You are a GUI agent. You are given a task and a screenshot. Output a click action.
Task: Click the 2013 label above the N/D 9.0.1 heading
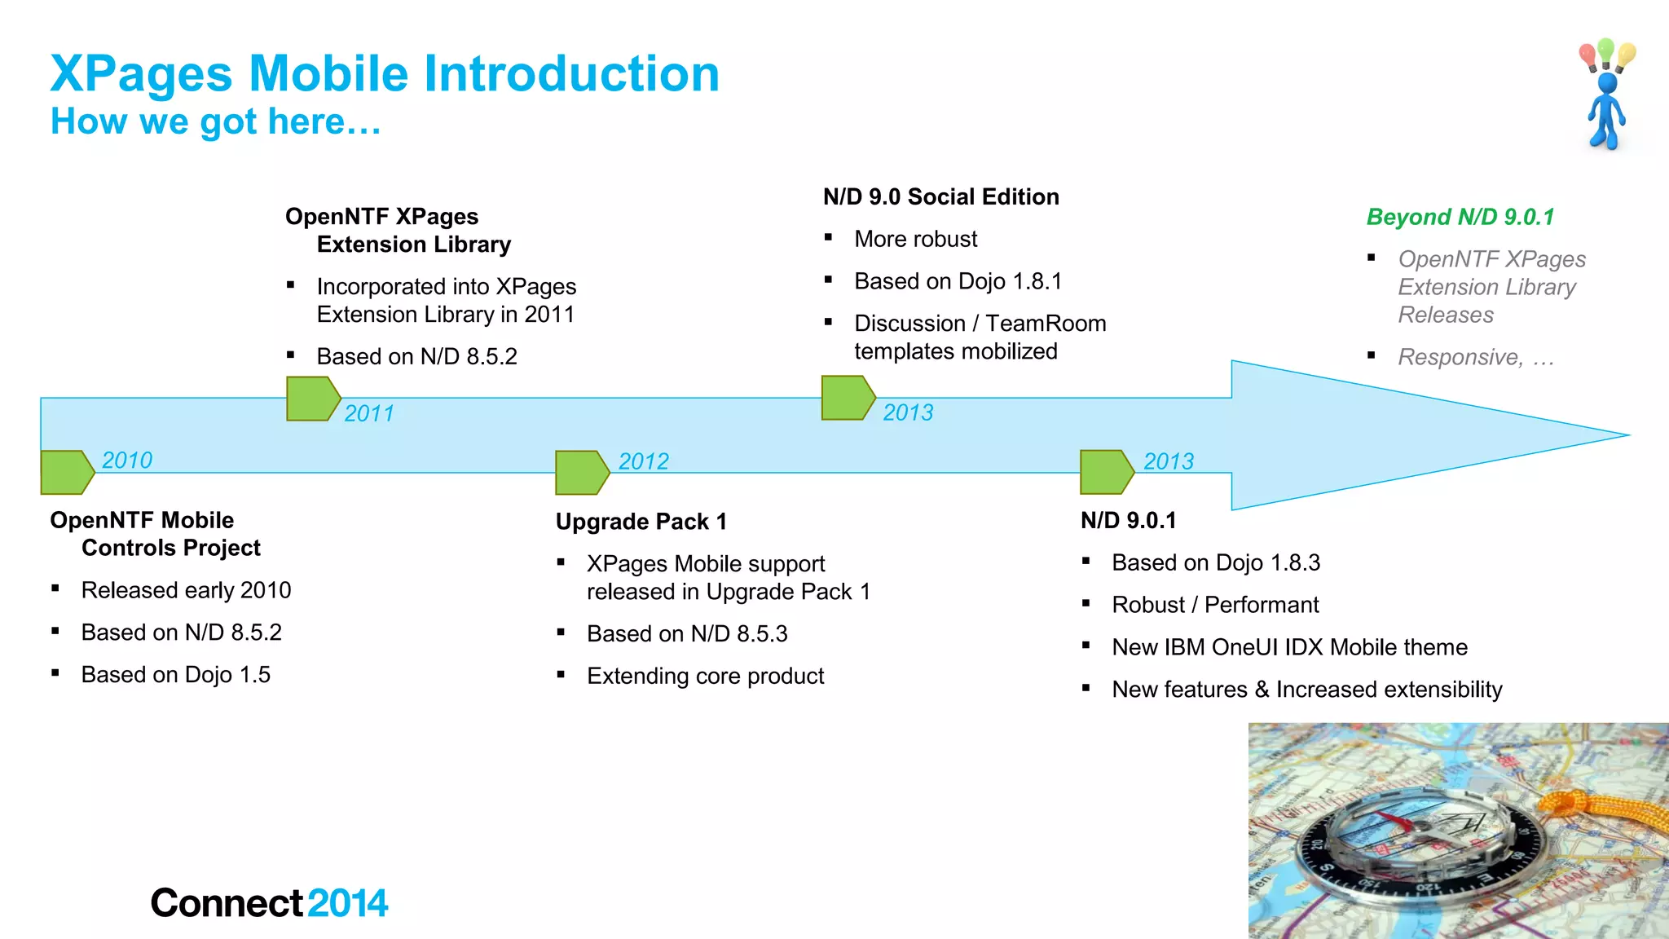(1168, 461)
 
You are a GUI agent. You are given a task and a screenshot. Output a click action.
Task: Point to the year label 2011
(368, 413)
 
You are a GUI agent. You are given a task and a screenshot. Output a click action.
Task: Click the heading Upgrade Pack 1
(641, 522)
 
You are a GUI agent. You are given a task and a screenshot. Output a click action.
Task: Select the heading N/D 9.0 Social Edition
(940, 196)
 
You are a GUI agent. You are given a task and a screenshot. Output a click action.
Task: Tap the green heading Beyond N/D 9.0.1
(1460, 217)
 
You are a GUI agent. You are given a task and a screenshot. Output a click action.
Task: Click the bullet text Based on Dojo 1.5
(175, 675)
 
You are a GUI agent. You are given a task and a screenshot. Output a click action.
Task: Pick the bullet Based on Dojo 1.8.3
(1215, 562)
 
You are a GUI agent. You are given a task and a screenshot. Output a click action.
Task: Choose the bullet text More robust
(915, 239)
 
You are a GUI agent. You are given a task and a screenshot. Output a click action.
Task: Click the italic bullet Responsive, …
(1475, 357)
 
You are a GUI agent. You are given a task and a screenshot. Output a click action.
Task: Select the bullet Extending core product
(705, 676)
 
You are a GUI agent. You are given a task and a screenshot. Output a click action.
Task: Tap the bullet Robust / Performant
(1214, 605)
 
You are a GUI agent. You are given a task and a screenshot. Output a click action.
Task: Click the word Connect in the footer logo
(227, 903)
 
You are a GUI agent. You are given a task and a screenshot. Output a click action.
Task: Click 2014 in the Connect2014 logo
(348, 903)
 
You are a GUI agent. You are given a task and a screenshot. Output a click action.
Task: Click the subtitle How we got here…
(215, 121)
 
